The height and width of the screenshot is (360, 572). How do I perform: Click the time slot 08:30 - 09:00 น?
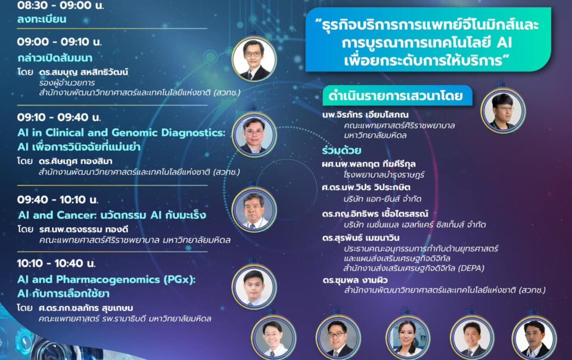(x=60, y=5)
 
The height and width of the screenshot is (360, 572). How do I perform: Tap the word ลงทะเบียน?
(x=42, y=19)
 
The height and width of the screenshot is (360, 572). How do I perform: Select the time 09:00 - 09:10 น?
(x=59, y=42)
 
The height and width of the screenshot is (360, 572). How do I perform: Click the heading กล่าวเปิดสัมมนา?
(x=55, y=58)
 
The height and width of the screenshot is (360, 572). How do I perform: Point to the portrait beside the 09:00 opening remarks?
(x=254, y=59)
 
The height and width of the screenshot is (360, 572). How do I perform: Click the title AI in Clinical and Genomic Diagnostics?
(x=122, y=132)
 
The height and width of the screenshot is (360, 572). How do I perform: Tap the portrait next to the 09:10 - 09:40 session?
(x=254, y=135)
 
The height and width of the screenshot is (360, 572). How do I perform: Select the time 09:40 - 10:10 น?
(x=58, y=200)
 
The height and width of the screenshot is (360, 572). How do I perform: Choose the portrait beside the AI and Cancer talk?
(x=254, y=210)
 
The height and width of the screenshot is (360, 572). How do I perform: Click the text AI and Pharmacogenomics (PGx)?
(x=107, y=280)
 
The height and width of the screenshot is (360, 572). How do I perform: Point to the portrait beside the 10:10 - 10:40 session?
(x=254, y=287)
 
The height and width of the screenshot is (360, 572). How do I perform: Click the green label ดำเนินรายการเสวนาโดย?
(x=396, y=95)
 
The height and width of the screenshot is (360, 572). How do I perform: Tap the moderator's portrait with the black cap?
(x=503, y=110)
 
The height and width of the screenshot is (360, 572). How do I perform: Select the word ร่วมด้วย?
(x=341, y=150)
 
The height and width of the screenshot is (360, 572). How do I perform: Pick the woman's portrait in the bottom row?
(x=408, y=339)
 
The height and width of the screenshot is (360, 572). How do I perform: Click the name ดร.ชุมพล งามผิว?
(x=355, y=280)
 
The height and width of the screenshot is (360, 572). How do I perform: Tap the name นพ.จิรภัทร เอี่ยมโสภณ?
(x=365, y=114)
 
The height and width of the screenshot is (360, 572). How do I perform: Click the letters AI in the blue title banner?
(x=504, y=43)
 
